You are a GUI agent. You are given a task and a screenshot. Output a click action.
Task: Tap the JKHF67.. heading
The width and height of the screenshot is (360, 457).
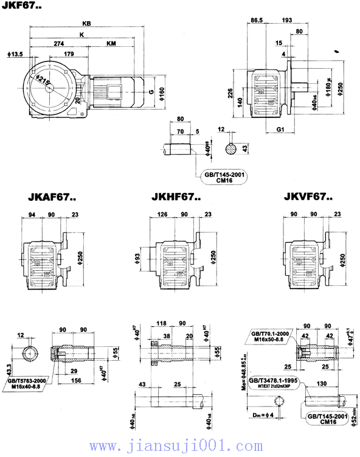tap(177, 197)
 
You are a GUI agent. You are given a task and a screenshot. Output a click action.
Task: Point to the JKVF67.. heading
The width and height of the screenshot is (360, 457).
tap(308, 197)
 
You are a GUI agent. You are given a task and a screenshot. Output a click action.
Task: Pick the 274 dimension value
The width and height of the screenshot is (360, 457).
tap(59, 44)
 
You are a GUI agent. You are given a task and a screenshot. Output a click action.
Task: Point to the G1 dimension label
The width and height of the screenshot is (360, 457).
tap(280, 130)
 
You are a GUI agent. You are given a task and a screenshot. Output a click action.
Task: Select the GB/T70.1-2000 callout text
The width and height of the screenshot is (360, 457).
tap(271, 334)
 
